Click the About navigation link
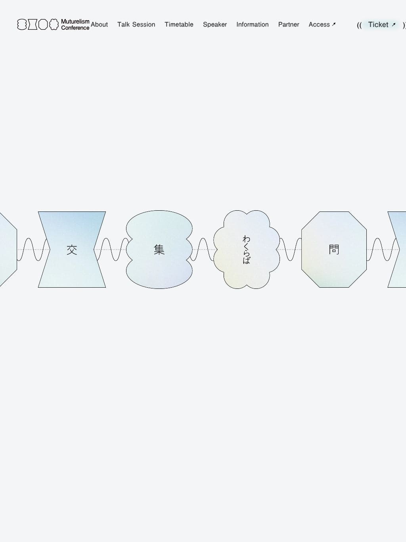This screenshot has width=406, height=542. (99, 25)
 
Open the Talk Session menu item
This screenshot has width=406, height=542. (136, 25)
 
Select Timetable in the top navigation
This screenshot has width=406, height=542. (179, 25)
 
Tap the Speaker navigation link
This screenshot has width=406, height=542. (215, 25)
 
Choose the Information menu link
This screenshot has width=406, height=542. (253, 25)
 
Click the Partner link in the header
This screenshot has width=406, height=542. (289, 25)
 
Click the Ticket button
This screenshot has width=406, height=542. (381, 25)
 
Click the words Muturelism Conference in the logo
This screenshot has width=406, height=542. (75, 25)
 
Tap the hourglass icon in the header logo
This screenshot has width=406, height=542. (33, 25)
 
